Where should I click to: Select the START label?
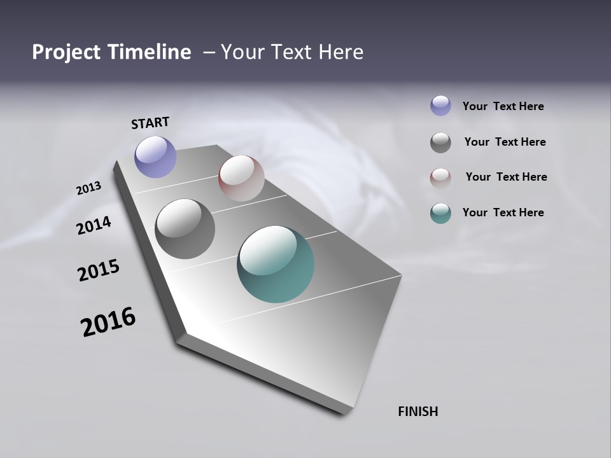[x=150, y=123]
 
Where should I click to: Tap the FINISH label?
[x=418, y=412]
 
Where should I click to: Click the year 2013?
[x=89, y=188]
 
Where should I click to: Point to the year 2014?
[x=94, y=225]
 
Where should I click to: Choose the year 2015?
[x=99, y=270]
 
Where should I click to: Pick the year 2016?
[x=108, y=321]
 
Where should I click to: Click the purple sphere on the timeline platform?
[x=155, y=156]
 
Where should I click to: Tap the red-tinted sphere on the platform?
[x=241, y=178]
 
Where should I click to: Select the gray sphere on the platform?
[x=185, y=229]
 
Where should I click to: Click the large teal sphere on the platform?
[x=276, y=264]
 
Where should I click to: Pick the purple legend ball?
[x=440, y=106]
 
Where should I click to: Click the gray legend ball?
[x=440, y=142]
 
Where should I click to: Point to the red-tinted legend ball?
[x=440, y=178]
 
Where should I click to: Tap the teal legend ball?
[x=440, y=213]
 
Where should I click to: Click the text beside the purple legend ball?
[x=503, y=106]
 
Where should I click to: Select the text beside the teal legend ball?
[x=503, y=212]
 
